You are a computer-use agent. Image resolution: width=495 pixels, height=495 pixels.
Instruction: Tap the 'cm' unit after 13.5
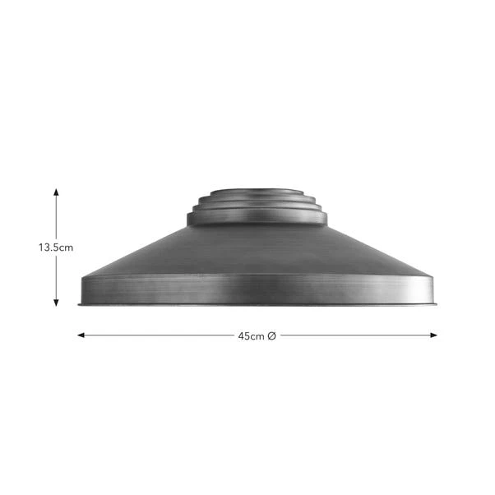pos(67,246)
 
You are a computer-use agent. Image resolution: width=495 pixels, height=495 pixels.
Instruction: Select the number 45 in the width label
pos(244,335)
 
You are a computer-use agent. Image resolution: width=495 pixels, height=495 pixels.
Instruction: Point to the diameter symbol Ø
pos(271,335)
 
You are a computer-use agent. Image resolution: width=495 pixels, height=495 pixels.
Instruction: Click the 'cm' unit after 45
pos(258,335)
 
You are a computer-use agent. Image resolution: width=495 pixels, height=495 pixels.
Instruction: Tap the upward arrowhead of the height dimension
pos(56,191)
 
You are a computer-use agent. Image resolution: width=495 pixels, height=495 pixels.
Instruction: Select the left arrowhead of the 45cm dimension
pos(81,335)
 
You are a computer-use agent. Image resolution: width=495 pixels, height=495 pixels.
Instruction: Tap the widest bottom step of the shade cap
pos(256,219)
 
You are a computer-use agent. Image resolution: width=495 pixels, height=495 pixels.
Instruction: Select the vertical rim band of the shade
pos(256,289)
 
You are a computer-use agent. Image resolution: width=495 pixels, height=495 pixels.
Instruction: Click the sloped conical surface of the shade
pos(256,251)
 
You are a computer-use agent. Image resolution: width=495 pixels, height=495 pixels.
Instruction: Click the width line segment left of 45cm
pos(156,335)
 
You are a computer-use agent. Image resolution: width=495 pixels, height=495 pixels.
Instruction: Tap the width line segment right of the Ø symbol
pos(354,335)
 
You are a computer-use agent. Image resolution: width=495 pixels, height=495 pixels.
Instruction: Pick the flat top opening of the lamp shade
pos(256,190)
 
